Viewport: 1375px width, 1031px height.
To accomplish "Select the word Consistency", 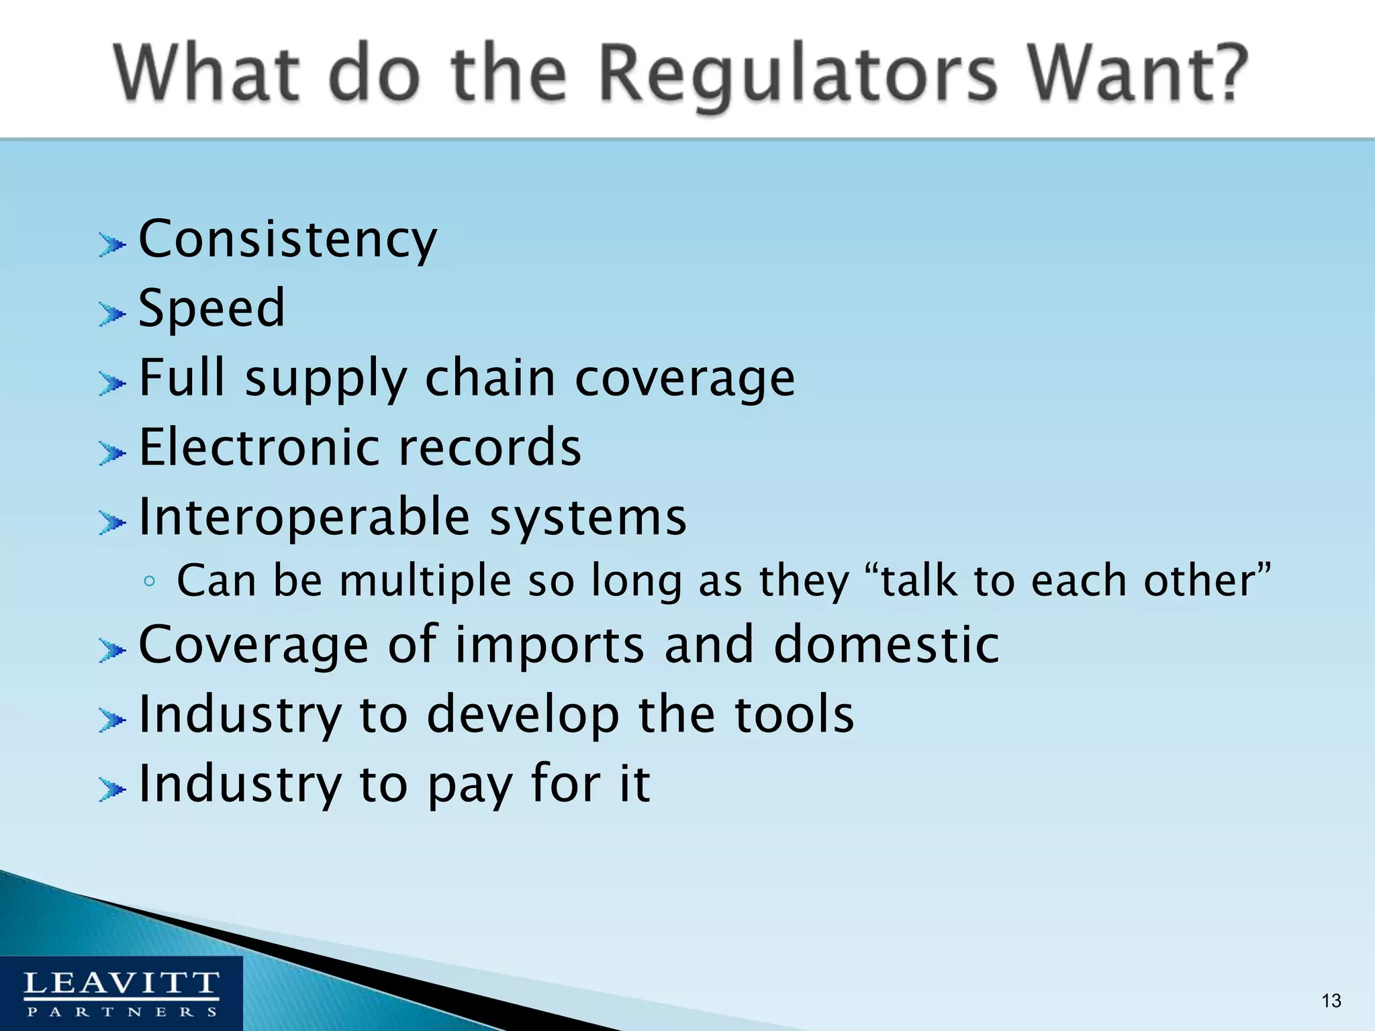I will click(x=287, y=240).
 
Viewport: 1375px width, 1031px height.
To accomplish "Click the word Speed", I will click(x=212, y=309).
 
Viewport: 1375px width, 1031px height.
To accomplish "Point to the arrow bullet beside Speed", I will click(x=111, y=313).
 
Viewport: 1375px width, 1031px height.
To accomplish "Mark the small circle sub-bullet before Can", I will click(x=150, y=581).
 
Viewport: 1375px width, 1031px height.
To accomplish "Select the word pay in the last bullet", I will click(x=470, y=785).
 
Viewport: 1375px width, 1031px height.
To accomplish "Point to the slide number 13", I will click(x=1331, y=1001).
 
